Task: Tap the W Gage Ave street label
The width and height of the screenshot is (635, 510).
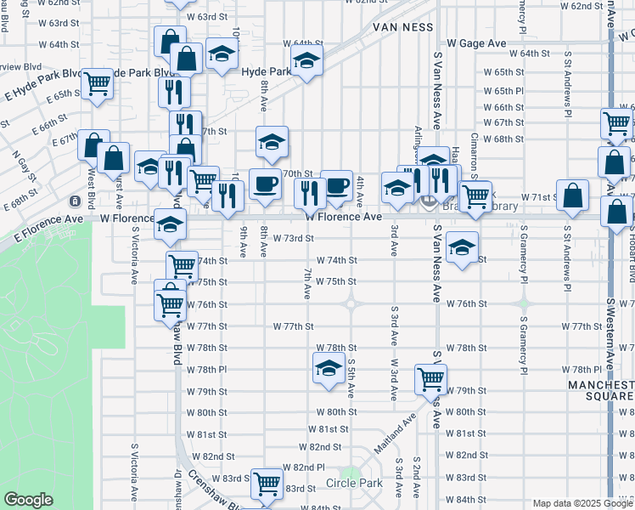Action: coord(476,42)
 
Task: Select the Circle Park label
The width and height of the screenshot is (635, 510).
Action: coord(355,483)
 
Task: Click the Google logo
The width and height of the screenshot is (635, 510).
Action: coord(29,500)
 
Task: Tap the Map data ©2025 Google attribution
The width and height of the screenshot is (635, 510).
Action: coord(582,503)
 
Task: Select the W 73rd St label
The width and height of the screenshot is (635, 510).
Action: coord(294,239)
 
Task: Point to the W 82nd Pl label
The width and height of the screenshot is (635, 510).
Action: coord(304,467)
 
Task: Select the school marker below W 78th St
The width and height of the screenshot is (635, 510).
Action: coord(328,367)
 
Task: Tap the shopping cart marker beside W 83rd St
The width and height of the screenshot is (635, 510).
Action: coord(268,483)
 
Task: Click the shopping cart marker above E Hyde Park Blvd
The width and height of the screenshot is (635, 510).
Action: coord(98,82)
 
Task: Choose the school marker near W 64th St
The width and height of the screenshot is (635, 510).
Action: coord(306,59)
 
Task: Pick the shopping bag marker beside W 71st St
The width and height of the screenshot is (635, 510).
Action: coord(574,194)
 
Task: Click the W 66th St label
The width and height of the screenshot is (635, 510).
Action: coord(503,108)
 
